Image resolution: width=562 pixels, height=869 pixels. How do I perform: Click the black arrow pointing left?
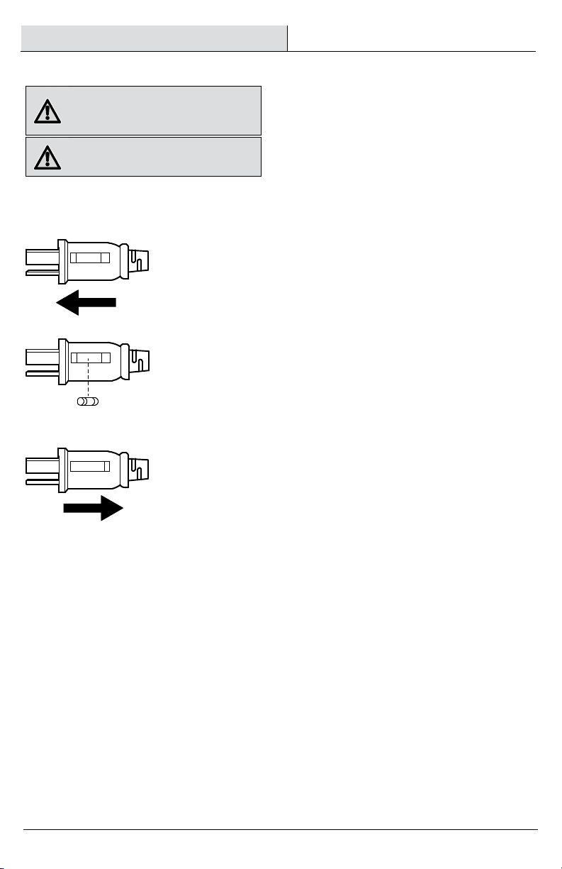click(x=85, y=303)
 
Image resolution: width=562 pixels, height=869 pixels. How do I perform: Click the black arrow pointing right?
click(x=94, y=508)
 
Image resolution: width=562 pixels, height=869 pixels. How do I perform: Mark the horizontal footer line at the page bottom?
click(x=281, y=829)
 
